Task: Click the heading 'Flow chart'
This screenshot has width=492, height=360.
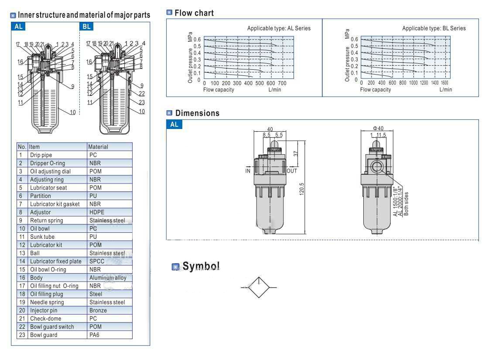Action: click(x=194, y=13)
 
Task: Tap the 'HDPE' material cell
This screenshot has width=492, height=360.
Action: click(x=97, y=212)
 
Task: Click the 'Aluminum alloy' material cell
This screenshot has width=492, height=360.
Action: click(x=107, y=278)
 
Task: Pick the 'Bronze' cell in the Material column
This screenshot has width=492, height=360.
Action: click(x=98, y=310)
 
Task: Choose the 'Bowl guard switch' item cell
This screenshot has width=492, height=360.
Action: click(x=52, y=327)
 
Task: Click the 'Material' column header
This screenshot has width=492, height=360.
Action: click(x=98, y=147)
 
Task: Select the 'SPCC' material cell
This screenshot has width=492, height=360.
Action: click(x=96, y=262)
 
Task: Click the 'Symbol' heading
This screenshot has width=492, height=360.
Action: click(x=201, y=266)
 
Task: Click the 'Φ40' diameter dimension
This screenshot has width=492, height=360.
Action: click(x=378, y=129)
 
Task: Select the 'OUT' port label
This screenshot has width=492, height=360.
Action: click(x=292, y=171)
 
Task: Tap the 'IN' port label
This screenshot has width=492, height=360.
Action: click(x=247, y=171)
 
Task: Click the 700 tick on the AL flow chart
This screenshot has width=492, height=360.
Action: click(x=282, y=83)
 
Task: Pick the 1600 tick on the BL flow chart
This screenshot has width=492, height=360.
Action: click(x=444, y=83)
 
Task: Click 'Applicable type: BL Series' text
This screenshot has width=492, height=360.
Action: click(x=434, y=28)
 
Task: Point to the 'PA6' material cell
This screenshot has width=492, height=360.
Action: click(x=95, y=335)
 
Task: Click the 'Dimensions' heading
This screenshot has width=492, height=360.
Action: click(x=197, y=113)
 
